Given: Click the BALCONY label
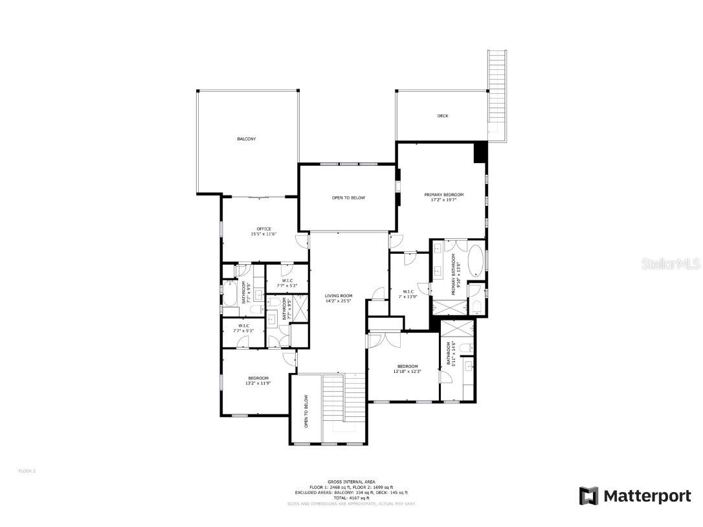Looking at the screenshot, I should (x=246, y=139).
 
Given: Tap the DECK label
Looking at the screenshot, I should (x=442, y=116).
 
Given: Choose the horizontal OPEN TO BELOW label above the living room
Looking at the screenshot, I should (x=348, y=197).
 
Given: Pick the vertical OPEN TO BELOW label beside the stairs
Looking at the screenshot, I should (x=306, y=411).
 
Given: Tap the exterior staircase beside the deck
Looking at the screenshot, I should (x=497, y=94).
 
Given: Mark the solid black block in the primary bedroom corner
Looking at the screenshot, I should (x=480, y=153).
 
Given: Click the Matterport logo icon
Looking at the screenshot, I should (x=588, y=496).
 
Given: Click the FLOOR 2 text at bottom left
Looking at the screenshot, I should (x=27, y=471).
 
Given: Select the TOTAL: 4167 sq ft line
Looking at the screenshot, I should (x=351, y=497).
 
